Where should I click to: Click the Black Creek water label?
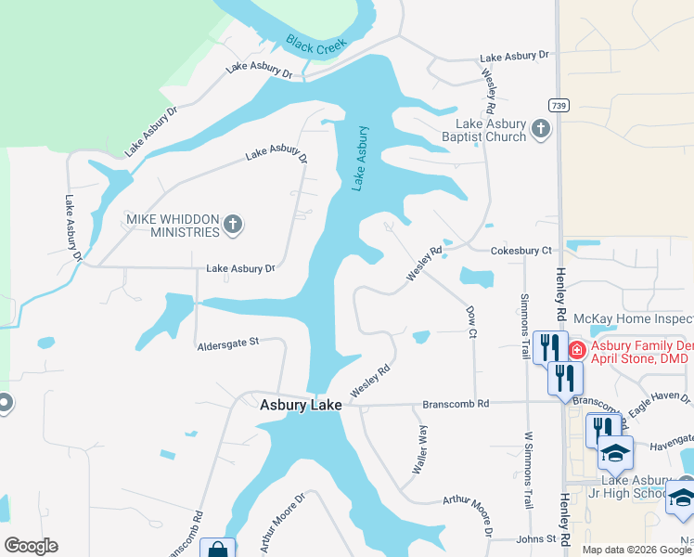pos(316,45)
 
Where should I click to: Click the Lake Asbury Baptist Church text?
pos(490,130)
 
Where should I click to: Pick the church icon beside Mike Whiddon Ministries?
pos(233,224)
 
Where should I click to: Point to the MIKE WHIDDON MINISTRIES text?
pos(172,224)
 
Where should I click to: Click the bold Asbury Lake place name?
pos(301,405)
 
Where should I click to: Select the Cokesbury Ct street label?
pos(520,251)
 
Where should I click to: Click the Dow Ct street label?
pos(471,320)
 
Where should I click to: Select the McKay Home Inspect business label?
pos(633,318)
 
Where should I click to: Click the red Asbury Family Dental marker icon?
pos(576,350)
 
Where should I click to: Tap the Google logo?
pos(31,546)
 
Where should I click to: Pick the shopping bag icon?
pos(217,550)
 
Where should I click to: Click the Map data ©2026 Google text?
pos(636,550)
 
